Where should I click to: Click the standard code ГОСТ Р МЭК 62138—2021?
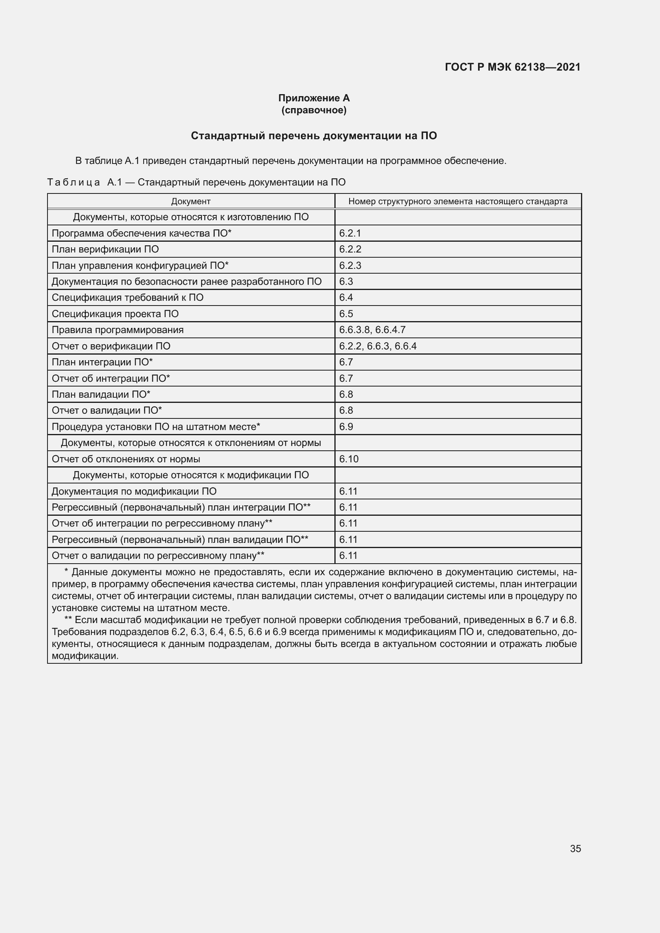coord(512,67)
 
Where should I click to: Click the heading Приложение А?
coord(314,98)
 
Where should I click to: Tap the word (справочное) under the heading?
coord(314,110)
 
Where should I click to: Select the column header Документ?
coord(191,201)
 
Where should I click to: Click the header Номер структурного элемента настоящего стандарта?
coord(458,201)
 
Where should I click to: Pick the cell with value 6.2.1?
coord(350,233)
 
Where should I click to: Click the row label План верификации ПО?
coord(105,249)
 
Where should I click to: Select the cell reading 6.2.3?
coord(350,265)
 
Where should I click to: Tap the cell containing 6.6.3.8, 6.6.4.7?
coord(372,329)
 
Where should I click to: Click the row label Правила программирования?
coord(117,329)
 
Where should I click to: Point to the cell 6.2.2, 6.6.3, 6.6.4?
coord(377,346)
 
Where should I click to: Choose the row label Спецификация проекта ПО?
coord(115,314)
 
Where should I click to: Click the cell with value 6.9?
coord(346,427)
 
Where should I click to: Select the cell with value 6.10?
coord(349,459)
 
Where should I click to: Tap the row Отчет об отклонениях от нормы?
coord(126,459)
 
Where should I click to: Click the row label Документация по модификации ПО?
coord(134,491)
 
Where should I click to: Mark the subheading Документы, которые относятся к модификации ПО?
coord(191,475)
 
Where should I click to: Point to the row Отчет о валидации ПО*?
coord(107,410)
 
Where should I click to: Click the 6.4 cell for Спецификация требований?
coord(346,298)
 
